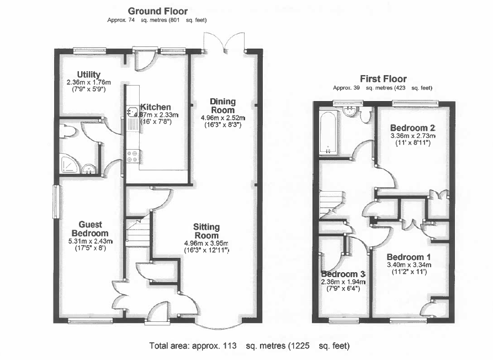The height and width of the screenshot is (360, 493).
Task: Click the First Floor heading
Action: [x=383, y=79]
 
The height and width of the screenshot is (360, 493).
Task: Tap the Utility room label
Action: [x=88, y=75]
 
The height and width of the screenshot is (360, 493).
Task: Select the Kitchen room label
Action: [x=155, y=107]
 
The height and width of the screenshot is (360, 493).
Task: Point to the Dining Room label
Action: [x=222, y=105]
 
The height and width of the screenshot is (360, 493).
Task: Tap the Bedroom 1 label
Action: [x=409, y=257]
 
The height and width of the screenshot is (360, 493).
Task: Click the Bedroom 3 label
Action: [x=343, y=274]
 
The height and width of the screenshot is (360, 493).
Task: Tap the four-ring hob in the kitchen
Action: [x=132, y=156]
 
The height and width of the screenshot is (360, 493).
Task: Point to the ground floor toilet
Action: [x=68, y=131]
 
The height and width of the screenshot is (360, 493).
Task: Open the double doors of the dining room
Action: [x=224, y=41]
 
